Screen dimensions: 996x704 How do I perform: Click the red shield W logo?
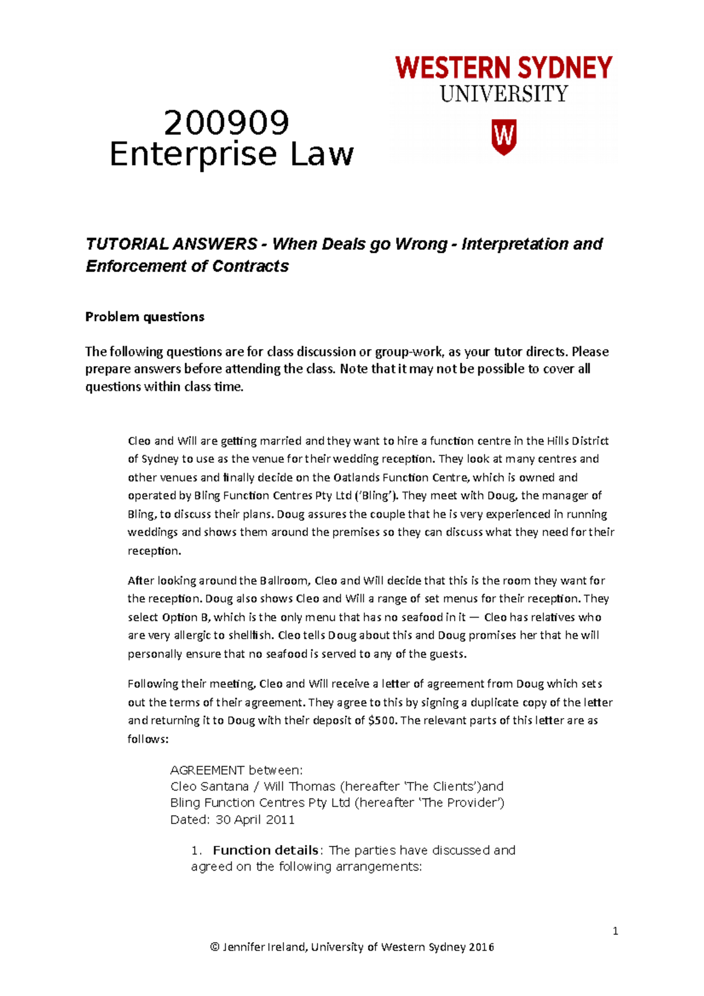[x=503, y=137]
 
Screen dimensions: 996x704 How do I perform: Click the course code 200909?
[x=226, y=123]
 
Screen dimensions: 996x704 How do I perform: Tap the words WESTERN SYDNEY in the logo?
[x=503, y=69]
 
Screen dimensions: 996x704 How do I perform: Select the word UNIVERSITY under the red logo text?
[x=504, y=94]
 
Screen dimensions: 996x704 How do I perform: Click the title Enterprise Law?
[x=232, y=155]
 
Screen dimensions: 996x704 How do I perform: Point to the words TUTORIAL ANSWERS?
[x=171, y=244]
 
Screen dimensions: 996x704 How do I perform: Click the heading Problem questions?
[x=145, y=317]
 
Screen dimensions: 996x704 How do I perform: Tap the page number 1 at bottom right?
[x=615, y=931]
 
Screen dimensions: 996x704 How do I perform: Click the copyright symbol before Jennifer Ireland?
[x=215, y=947]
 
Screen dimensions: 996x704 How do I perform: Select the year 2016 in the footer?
[x=481, y=947]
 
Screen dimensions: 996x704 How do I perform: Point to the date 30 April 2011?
[x=255, y=820]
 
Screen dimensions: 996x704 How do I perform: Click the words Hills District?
[x=578, y=441]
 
